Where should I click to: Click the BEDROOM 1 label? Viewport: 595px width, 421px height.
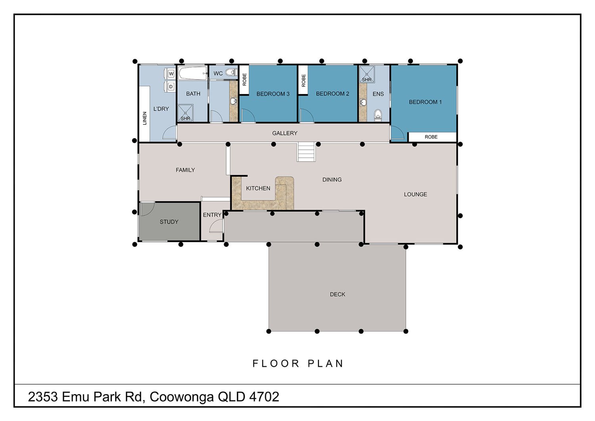tap(425, 102)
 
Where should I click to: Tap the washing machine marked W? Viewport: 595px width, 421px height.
tap(170, 73)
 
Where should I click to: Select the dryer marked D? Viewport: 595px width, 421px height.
tap(170, 87)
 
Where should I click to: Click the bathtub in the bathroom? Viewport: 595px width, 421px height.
tap(193, 73)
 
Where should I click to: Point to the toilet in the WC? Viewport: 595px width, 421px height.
tap(231, 72)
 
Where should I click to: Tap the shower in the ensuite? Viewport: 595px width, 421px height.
tap(367, 74)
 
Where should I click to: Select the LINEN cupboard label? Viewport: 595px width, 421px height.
tap(145, 118)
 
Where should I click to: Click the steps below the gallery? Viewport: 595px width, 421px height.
tap(306, 152)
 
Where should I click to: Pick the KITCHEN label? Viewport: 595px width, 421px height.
tap(258, 188)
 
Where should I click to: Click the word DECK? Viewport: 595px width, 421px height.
tap(337, 294)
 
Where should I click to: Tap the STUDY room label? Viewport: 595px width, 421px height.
tap(169, 222)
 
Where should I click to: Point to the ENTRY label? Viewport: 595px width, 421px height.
tap(212, 215)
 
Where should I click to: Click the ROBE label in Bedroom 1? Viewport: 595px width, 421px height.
tap(431, 137)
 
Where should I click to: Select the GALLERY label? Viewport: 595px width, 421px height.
tap(284, 133)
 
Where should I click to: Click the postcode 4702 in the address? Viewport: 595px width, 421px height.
tap(264, 397)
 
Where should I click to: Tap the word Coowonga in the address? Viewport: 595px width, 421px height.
tap(182, 397)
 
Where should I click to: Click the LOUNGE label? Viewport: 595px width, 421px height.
tap(415, 194)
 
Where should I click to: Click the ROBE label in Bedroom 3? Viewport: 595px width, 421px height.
tap(244, 79)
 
